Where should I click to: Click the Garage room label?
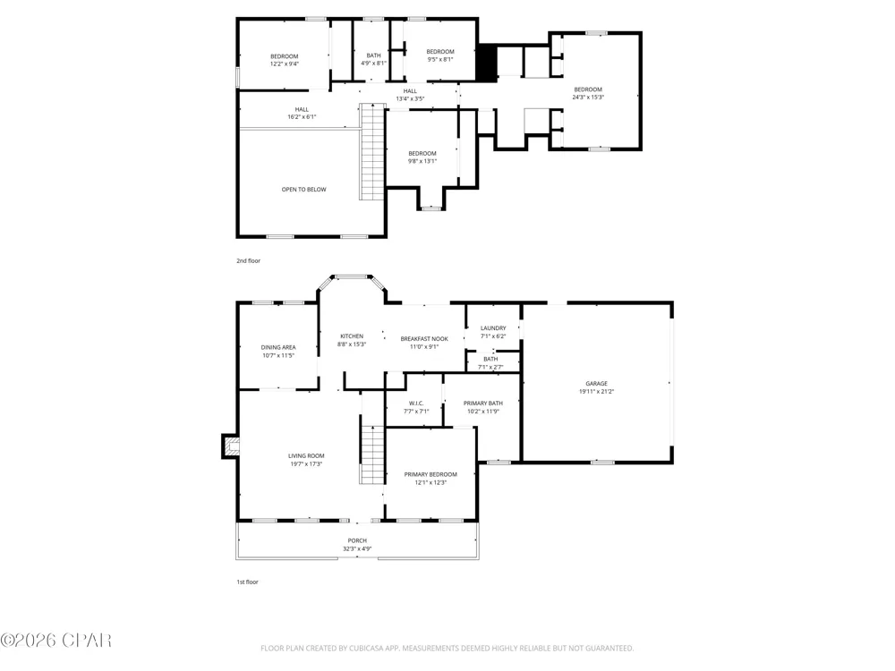click(x=596, y=384)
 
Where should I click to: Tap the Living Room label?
click(x=306, y=456)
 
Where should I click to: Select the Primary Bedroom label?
click(x=430, y=474)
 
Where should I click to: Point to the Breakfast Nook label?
click(x=424, y=339)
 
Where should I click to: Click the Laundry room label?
click(x=493, y=328)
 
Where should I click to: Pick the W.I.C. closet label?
click(x=416, y=403)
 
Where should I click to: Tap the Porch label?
click(x=357, y=541)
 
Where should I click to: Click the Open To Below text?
click(x=303, y=190)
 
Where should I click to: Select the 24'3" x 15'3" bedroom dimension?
click(x=588, y=97)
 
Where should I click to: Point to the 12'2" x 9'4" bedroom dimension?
click(x=285, y=64)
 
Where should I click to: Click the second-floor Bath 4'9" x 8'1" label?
click(x=373, y=59)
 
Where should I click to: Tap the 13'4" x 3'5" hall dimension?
click(x=410, y=98)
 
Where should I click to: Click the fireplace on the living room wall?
click(x=230, y=446)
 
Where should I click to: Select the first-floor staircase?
click(x=372, y=454)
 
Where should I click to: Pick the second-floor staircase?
click(x=372, y=152)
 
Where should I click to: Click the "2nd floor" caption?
click(x=248, y=260)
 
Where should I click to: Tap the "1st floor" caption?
click(x=247, y=582)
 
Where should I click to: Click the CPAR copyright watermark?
click(x=55, y=641)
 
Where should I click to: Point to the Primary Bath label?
click(x=483, y=403)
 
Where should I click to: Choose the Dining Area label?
click(x=278, y=347)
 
